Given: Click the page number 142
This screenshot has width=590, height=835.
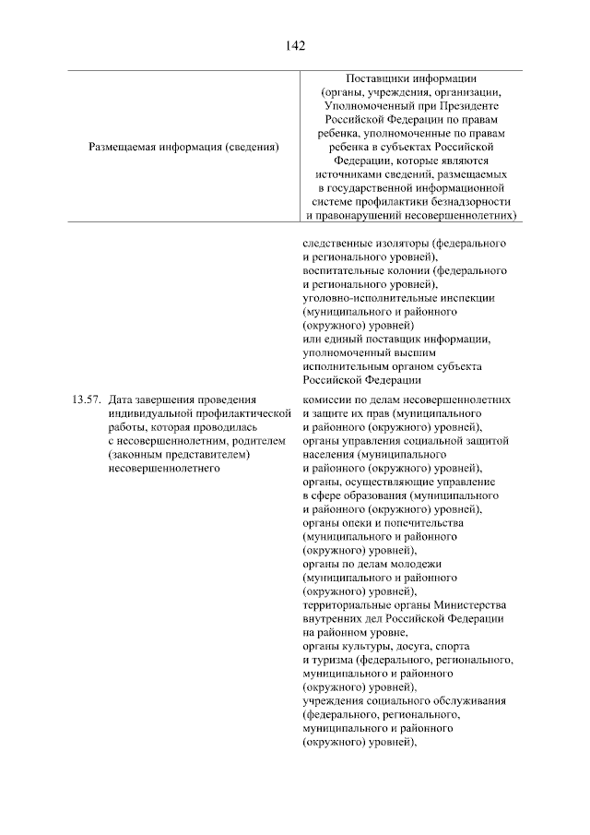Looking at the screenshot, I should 295,44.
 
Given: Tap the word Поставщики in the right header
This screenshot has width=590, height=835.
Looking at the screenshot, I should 375,78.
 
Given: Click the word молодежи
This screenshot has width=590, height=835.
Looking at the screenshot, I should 414,564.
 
